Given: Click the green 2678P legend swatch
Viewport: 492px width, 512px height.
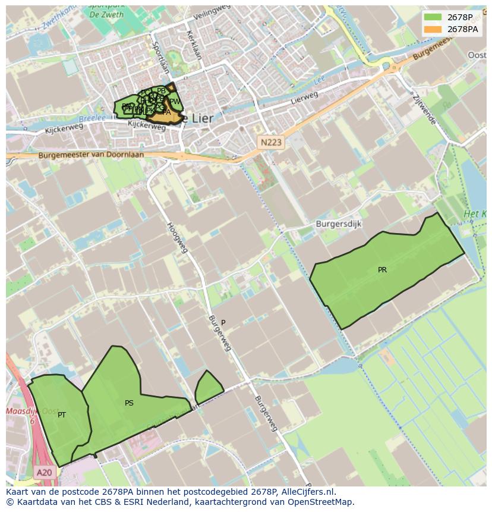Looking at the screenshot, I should tap(433, 17).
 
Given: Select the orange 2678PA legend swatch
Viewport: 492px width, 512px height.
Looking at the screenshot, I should tap(433, 29).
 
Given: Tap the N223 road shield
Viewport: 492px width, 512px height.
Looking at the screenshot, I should tap(271, 142).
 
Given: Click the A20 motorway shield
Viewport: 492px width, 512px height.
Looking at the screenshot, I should tap(43, 473).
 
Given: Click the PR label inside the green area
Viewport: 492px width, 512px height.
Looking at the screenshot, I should tap(382, 270).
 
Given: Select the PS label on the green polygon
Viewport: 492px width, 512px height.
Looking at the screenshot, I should tap(129, 403).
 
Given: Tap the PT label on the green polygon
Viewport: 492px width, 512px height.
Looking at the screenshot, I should tap(62, 415).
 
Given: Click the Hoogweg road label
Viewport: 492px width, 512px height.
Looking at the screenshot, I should tap(177, 237).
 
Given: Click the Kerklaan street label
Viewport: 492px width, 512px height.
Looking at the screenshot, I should tap(194, 45).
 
